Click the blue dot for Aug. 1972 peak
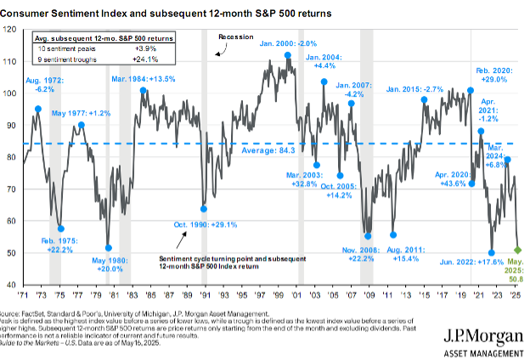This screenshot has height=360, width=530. pos(38,109)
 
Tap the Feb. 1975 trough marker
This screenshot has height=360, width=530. pos(61,228)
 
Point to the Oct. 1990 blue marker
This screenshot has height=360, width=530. pos(204,208)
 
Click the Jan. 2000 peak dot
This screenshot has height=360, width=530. pos(288,55)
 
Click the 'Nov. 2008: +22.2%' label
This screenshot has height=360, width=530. pos(366,252)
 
